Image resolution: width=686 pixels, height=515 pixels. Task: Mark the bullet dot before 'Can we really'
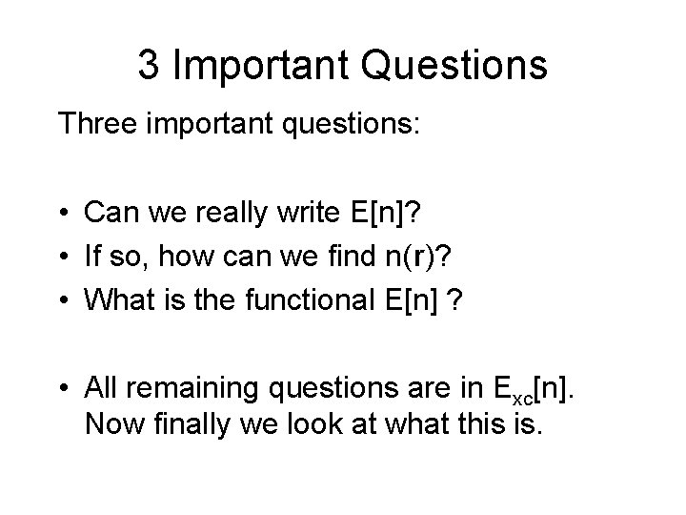[x=65, y=214]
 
